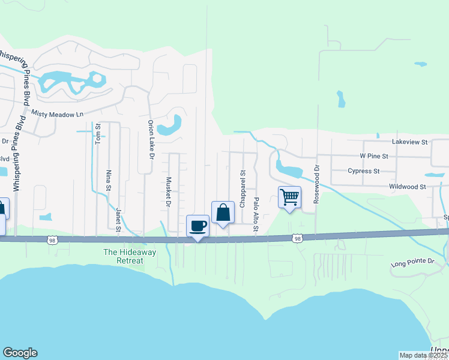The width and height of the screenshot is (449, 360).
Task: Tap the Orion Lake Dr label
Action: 151,139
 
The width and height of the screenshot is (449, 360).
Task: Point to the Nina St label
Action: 109,180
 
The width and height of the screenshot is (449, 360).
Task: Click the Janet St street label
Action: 118,220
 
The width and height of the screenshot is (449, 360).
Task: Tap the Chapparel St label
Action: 243,188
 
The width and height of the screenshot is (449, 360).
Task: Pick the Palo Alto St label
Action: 256,215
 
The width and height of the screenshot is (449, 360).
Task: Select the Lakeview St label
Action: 409,142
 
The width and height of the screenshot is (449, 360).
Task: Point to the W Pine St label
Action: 374,156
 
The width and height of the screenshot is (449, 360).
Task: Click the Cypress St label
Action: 364,171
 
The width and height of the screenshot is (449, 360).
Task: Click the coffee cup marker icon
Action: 198,226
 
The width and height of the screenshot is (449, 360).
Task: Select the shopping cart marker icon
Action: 289,197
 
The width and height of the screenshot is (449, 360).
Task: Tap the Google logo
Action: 20,353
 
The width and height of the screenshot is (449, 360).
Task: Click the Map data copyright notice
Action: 423,355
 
